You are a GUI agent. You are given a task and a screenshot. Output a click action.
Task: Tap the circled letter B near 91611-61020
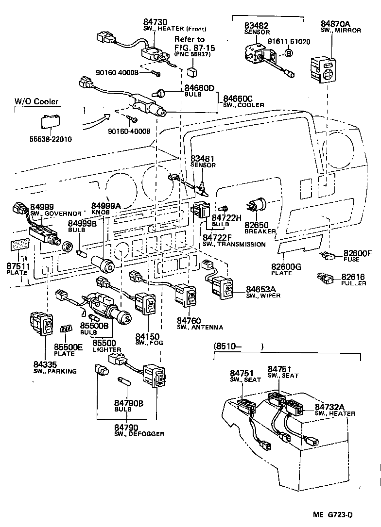(x=288, y=53)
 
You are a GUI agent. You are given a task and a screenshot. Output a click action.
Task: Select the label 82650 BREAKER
(x=260, y=228)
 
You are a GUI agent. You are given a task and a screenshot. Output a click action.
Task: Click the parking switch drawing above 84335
(x=43, y=323)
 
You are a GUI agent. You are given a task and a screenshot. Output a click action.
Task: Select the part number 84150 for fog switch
(x=148, y=336)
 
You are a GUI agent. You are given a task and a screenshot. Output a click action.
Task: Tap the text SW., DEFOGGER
(x=139, y=434)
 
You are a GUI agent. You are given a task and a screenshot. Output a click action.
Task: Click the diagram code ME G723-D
(x=346, y=515)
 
